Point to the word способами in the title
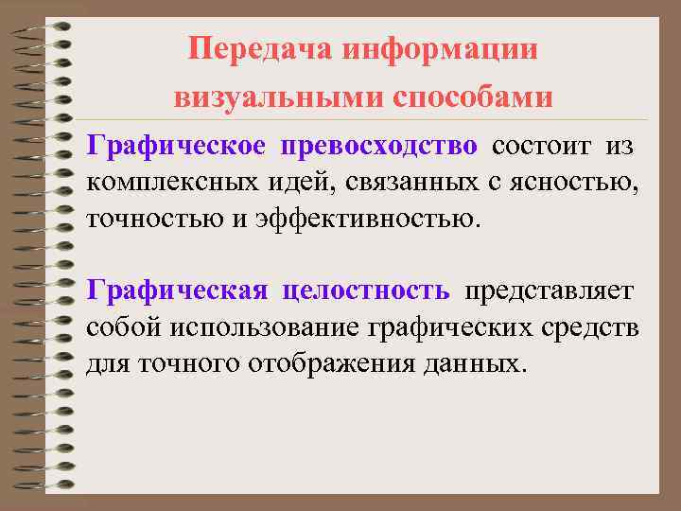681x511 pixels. pos(472,97)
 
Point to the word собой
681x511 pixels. pos(124,326)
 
